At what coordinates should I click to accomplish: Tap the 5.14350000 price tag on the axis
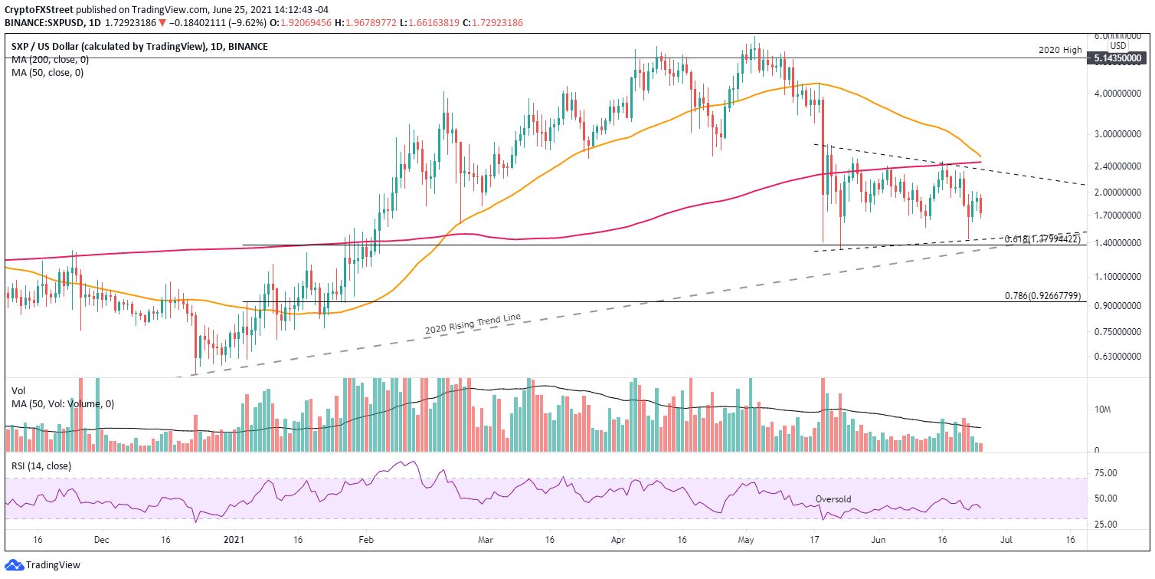pos(1120,58)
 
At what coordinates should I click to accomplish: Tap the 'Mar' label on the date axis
pos(484,540)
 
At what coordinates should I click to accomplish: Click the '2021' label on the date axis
pos(230,540)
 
